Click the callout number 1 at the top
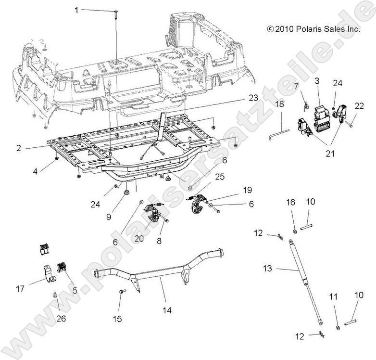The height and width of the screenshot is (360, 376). [76, 10]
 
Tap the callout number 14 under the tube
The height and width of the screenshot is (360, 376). [167, 310]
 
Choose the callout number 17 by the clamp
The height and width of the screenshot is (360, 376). [20, 289]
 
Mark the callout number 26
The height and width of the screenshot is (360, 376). [61, 318]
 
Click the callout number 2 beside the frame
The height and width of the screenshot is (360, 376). [18, 148]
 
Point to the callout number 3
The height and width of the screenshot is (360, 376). [317, 80]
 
